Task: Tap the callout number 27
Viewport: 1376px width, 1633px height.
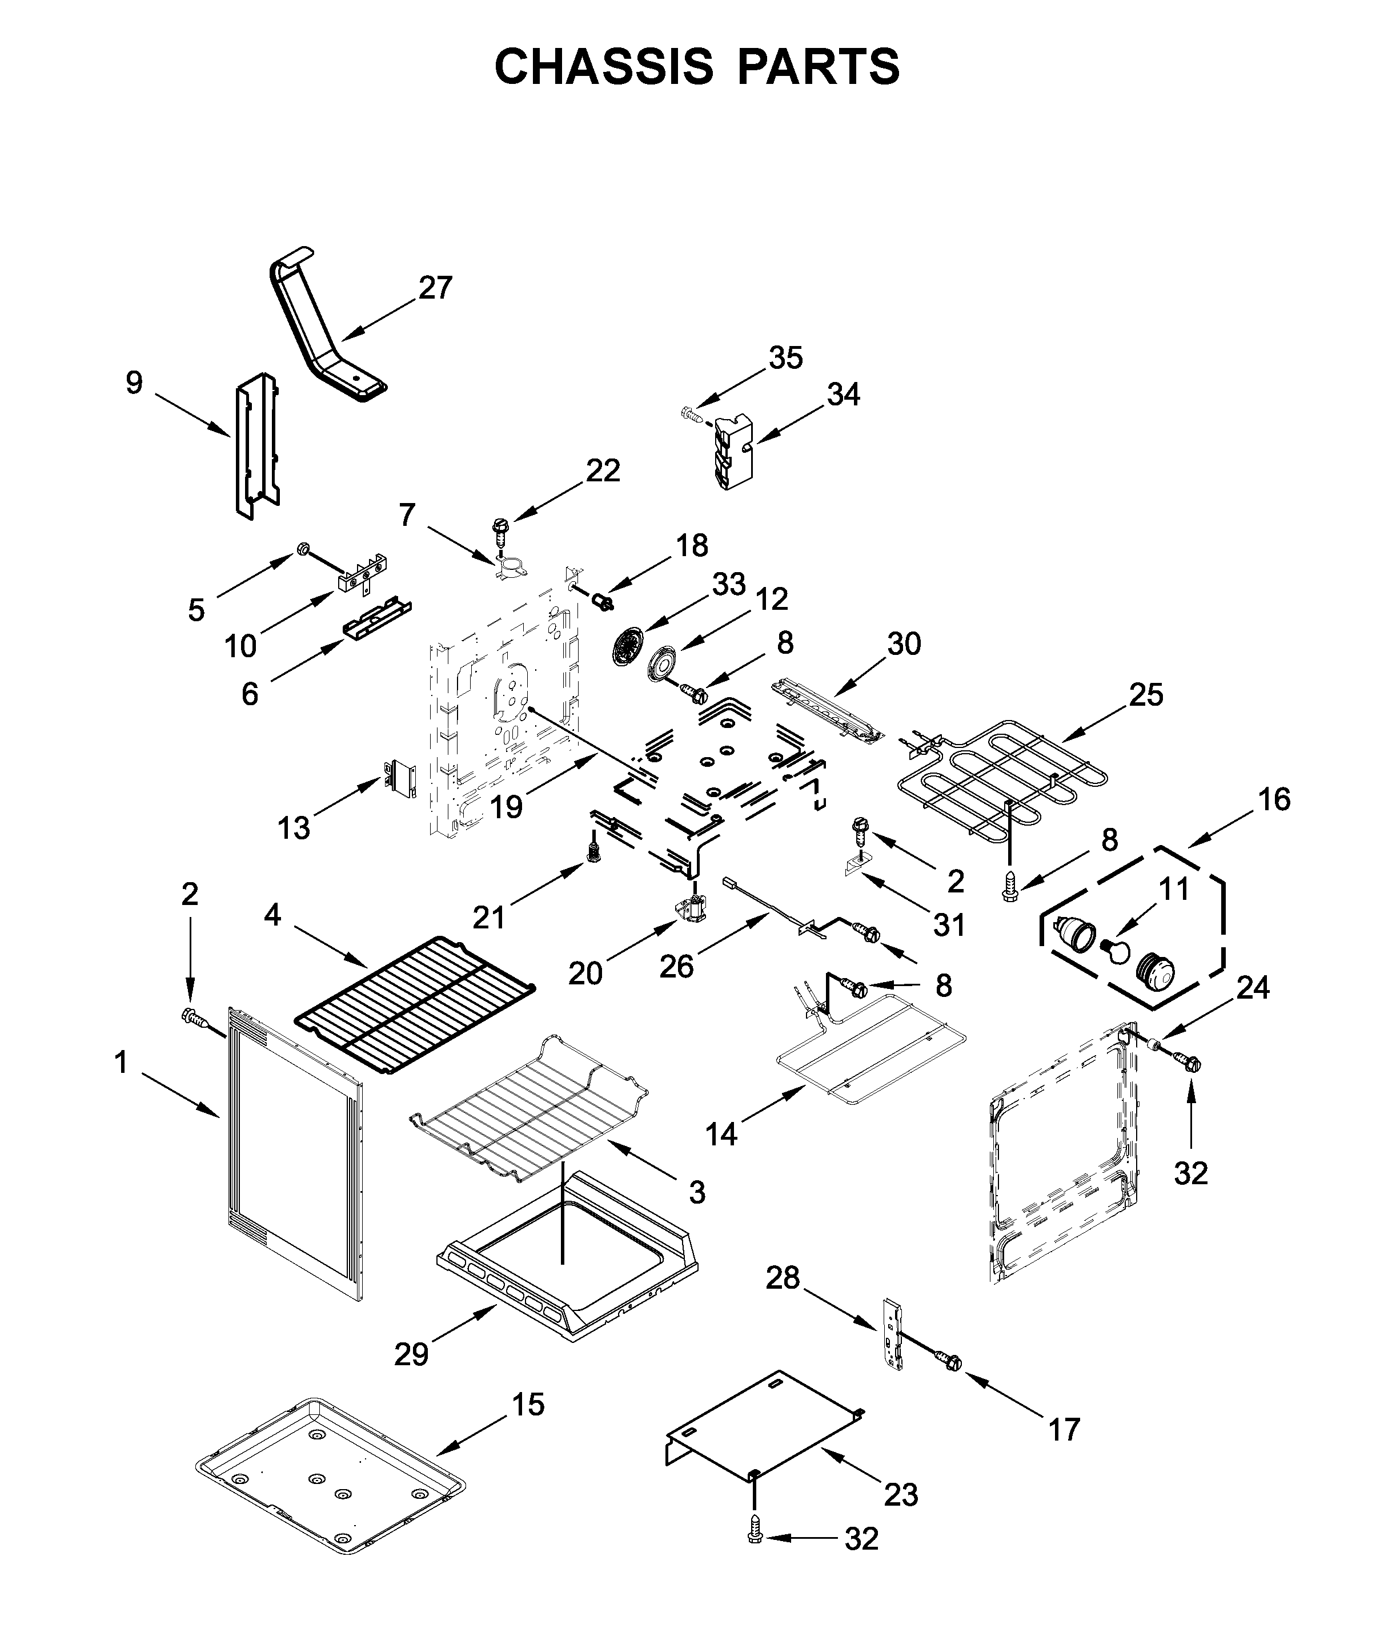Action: [435, 288]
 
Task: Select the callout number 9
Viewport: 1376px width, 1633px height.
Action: [134, 383]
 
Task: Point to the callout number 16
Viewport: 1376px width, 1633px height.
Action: [1274, 799]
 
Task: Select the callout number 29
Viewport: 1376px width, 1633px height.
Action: [411, 1354]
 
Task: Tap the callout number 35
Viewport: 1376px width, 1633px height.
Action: [785, 358]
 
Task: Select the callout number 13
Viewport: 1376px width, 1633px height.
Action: [294, 827]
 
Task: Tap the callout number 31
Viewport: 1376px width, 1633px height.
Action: [949, 925]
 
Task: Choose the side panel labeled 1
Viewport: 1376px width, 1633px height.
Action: [296, 1154]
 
